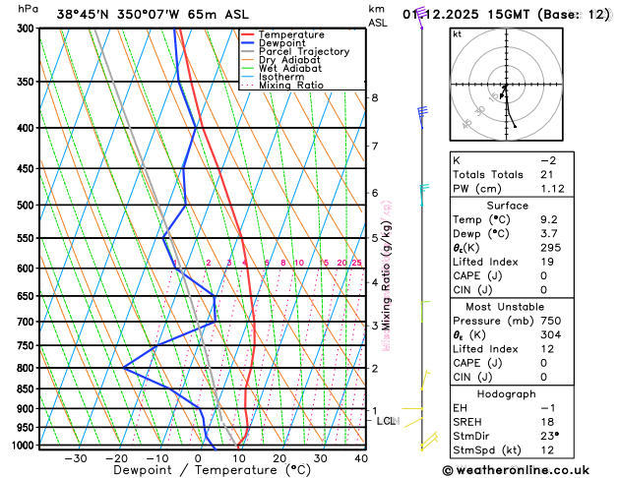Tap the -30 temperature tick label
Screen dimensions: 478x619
point(75,458)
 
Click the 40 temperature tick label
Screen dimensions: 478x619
point(361,458)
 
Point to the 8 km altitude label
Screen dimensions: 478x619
point(374,97)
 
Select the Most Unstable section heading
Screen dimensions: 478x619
point(506,306)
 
